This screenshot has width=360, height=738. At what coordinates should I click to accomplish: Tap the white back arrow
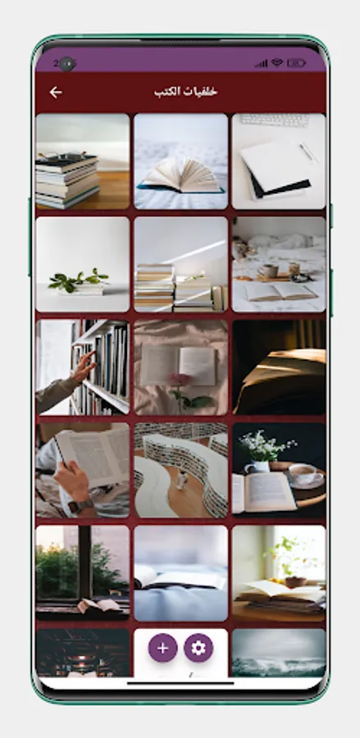pyautogui.click(x=56, y=92)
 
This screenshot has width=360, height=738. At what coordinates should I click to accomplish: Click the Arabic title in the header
pyautogui.click(x=186, y=92)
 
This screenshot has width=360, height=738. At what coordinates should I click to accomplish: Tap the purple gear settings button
pyautogui.click(x=198, y=648)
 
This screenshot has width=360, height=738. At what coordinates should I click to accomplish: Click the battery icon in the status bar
pyautogui.click(x=297, y=63)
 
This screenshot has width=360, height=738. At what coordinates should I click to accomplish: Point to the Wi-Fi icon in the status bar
pyautogui.click(x=277, y=62)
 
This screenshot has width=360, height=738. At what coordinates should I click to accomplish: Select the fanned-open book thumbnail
pyautogui.click(x=180, y=162)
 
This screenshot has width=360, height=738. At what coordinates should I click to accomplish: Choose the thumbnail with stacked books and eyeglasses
pyautogui.click(x=82, y=162)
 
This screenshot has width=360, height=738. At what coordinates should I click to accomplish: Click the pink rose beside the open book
pyautogui.click(x=180, y=380)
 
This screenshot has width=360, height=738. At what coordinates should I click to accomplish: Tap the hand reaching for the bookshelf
pyautogui.click(x=83, y=367)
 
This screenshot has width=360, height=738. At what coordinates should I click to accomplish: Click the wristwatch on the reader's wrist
pyautogui.click(x=80, y=506)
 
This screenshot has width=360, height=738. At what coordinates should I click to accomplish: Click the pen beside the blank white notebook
pyautogui.click(x=308, y=153)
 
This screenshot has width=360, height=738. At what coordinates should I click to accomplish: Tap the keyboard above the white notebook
pyautogui.click(x=276, y=120)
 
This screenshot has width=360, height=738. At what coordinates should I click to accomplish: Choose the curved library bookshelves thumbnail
pyautogui.click(x=180, y=470)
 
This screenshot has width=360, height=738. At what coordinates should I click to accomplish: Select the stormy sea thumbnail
pyautogui.click(x=279, y=653)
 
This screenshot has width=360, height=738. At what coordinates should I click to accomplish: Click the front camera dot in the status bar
pyautogui.click(x=67, y=63)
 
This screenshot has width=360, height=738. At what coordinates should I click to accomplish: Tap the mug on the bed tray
pyautogui.click(x=270, y=271)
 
